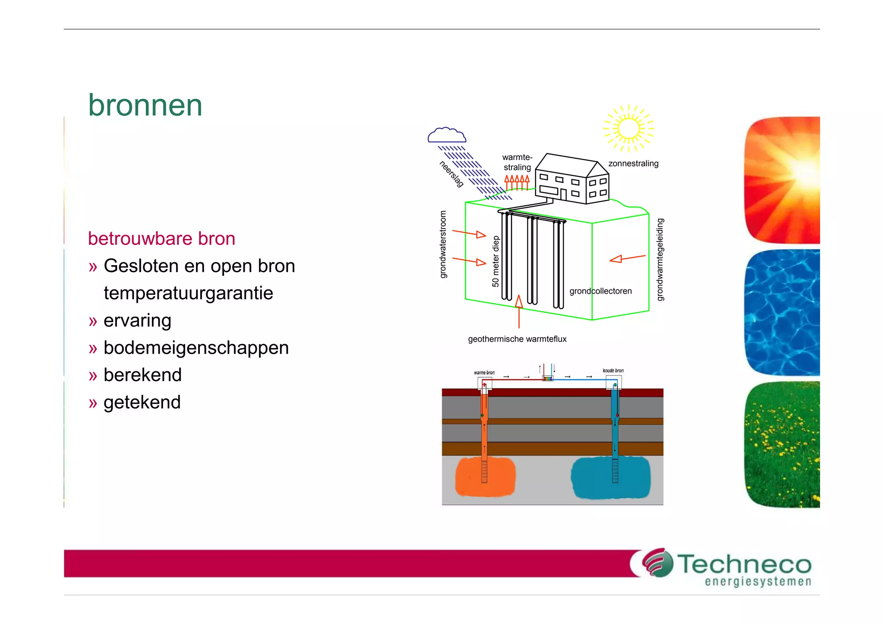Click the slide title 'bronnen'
pyautogui.click(x=145, y=105)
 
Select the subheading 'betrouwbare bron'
pyautogui.click(x=161, y=238)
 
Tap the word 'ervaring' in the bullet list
pyautogui.click(x=137, y=320)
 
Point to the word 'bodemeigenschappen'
pyautogui.click(x=196, y=348)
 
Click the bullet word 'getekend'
pyautogui.click(x=142, y=402)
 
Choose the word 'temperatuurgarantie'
pyautogui.click(x=188, y=293)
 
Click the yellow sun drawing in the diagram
pyautogui.click(x=628, y=129)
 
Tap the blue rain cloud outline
pyautogui.click(x=447, y=135)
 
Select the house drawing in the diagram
pyautogui.click(x=572, y=179)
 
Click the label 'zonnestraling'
pyautogui.click(x=633, y=163)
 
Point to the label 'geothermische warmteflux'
pyautogui.click(x=517, y=339)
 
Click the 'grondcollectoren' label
pyautogui.click(x=600, y=291)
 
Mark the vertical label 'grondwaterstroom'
pyautogui.click(x=443, y=245)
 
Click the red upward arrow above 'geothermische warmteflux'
pyautogui.click(x=519, y=310)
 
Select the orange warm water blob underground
pyautogui.click(x=486, y=477)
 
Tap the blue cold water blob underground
pyautogui.click(x=610, y=477)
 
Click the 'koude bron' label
pyautogui.click(x=613, y=370)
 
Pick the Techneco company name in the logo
pyautogui.click(x=744, y=564)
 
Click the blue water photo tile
pyautogui.click(x=782, y=312)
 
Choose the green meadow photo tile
pyautogui.click(x=782, y=444)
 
